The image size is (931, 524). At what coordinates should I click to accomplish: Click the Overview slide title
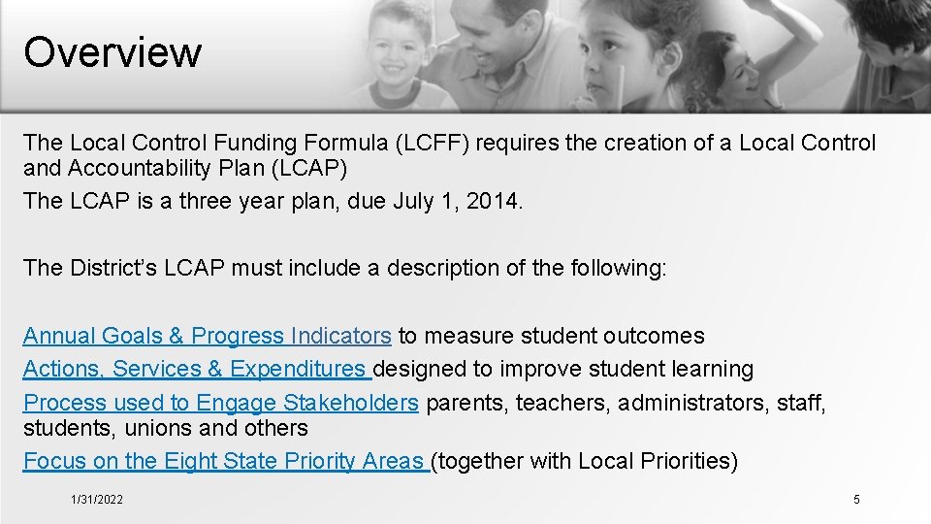coord(112,51)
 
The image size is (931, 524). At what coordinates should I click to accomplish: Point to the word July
coord(416,202)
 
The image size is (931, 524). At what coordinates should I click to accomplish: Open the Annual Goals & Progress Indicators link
coord(207,337)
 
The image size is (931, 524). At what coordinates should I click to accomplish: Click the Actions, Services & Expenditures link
coord(197,370)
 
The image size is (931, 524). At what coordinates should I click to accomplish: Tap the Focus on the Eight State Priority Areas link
coord(225,462)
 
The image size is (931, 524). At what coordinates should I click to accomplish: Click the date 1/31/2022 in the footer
coord(97,500)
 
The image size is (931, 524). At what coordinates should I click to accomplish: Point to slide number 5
coord(856,500)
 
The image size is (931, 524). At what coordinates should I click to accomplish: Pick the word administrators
coord(694,403)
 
